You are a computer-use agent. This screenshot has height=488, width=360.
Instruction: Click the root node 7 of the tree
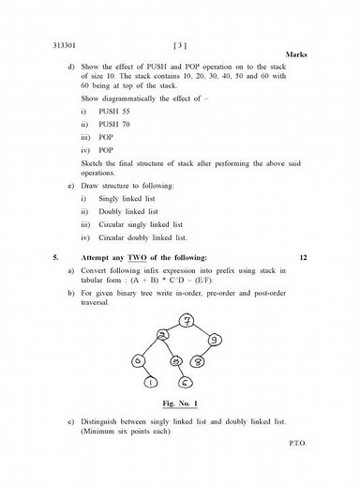(187, 321)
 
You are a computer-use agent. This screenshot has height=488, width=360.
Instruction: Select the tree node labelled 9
(216, 339)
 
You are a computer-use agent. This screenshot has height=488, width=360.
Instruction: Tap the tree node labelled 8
(199, 359)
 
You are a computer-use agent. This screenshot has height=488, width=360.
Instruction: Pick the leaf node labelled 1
(151, 381)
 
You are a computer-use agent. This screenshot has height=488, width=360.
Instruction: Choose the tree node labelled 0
(139, 359)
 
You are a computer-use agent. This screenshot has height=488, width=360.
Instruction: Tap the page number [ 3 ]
(180, 44)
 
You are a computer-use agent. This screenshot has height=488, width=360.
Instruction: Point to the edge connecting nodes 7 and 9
(203, 329)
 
